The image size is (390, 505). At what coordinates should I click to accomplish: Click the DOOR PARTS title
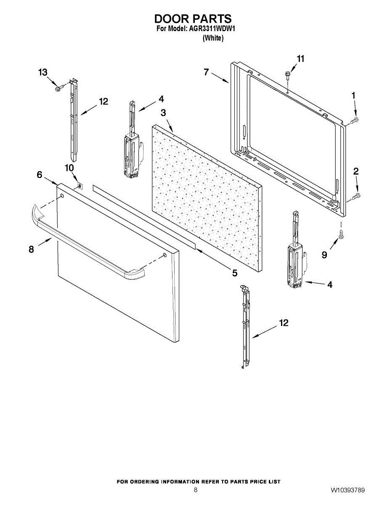pyautogui.click(x=193, y=19)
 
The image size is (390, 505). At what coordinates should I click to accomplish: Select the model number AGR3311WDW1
pyautogui.click(x=209, y=29)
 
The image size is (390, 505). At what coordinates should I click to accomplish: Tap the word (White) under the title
pyautogui.click(x=213, y=38)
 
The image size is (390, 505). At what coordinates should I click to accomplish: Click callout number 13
pyautogui.click(x=43, y=72)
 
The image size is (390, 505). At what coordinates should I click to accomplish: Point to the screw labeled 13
pyautogui.click(x=59, y=88)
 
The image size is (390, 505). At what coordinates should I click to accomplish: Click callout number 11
pyautogui.click(x=300, y=59)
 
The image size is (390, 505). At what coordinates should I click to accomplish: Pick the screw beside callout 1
pyautogui.click(x=355, y=121)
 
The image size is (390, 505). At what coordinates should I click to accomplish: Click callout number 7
pyautogui.click(x=206, y=72)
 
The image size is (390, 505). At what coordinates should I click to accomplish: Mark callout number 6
pyautogui.click(x=40, y=175)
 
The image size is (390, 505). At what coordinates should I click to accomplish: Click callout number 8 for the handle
pyautogui.click(x=31, y=250)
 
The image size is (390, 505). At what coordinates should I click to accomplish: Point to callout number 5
pyautogui.click(x=234, y=273)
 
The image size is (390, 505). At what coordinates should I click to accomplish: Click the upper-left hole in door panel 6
pyautogui.click(x=62, y=196)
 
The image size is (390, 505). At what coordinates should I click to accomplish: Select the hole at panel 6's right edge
pyautogui.click(x=164, y=255)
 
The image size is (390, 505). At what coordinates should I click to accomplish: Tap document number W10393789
pyautogui.click(x=348, y=490)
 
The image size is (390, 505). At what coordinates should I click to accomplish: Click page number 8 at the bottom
pyautogui.click(x=195, y=490)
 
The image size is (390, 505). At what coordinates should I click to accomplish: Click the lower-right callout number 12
pyautogui.click(x=284, y=323)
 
